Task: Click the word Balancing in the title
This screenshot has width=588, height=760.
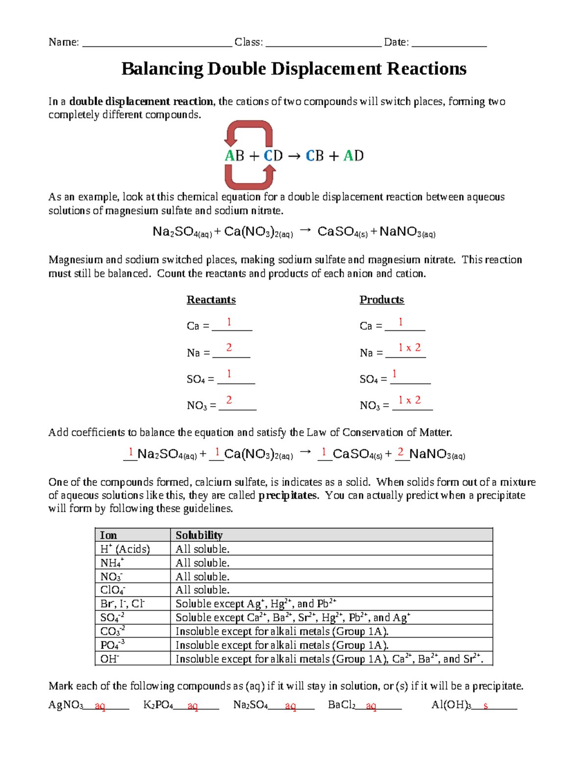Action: pos(162,69)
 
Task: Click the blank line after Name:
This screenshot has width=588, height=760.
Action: pos(157,43)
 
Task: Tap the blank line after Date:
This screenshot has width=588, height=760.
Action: pos(449,43)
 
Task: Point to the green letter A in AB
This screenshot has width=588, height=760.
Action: pos(230,156)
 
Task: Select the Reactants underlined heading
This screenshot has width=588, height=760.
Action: pos(211,299)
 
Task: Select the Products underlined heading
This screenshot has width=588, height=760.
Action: pos(381,299)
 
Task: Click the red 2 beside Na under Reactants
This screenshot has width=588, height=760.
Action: pos(229,347)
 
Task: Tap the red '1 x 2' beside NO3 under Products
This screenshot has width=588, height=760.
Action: pos(409,400)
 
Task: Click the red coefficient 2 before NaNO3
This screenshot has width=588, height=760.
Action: pos(400,452)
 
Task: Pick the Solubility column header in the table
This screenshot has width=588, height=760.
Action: pos(199,535)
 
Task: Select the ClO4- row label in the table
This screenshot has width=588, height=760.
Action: pos(113,590)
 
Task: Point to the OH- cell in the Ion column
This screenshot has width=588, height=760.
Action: pos(110,659)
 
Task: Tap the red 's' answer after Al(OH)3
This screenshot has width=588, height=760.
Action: pos(486,706)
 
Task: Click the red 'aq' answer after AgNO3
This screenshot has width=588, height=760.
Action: pos(100,706)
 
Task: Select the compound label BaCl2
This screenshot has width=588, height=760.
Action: pos(342,705)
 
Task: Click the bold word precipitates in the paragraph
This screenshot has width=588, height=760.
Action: pos(288,495)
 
